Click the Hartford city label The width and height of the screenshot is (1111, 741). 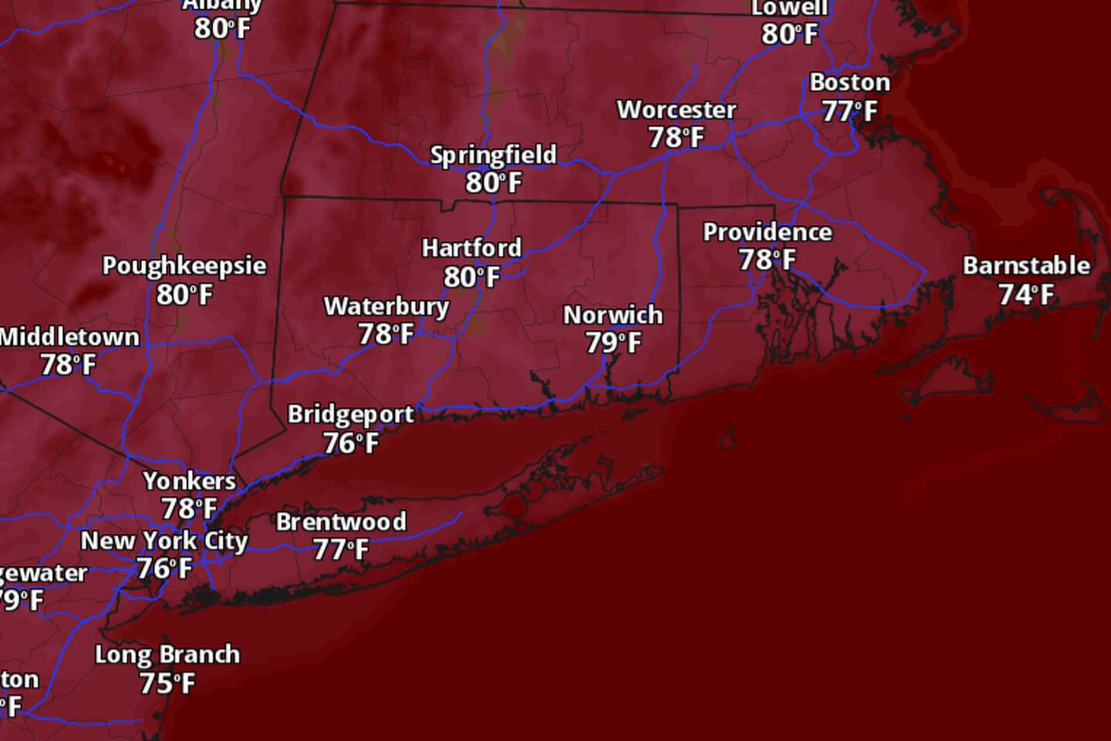point(471,249)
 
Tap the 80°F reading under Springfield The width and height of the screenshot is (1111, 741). point(494,183)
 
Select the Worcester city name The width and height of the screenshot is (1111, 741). point(676,110)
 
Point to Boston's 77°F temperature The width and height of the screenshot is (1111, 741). point(849,112)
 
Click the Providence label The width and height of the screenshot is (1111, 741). point(767,232)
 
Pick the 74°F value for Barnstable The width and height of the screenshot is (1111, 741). point(1025,295)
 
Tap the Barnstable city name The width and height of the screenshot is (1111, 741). point(1026,266)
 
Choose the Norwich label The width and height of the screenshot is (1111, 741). point(613,315)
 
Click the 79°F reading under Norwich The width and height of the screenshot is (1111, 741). point(613,343)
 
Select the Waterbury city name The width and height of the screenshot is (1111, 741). point(386,306)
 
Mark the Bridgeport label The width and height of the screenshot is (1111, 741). point(350,414)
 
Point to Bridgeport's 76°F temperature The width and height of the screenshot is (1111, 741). point(350,443)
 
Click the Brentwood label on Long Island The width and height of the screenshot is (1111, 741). point(341,522)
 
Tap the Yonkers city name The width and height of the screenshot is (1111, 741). point(189,481)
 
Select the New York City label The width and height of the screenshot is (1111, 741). point(164,541)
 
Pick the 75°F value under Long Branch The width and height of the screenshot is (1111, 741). point(167,683)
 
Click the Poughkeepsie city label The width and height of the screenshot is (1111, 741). point(184,266)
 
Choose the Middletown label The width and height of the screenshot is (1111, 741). point(69,337)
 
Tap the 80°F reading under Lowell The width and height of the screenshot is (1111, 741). point(789,35)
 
